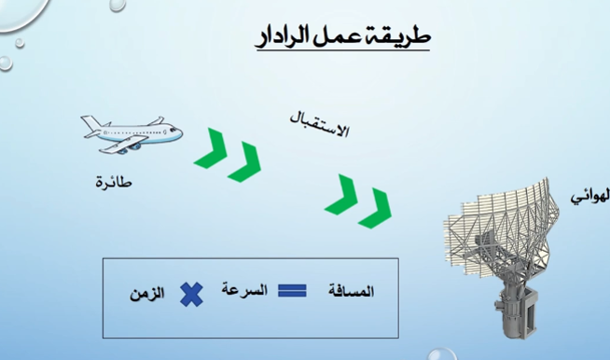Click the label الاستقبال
coord(319,125)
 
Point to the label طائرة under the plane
coord(114,182)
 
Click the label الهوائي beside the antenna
coord(590,197)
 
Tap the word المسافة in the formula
coord(352,291)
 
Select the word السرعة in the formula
coord(244,289)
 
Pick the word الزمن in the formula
coord(146,293)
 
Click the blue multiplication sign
coord(191,295)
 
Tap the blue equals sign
coord(292,291)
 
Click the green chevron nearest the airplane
coord(211,148)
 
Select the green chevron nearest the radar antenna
coord(375,208)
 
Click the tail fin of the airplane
coord(90,122)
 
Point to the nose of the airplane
coord(180,134)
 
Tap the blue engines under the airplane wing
coord(129,148)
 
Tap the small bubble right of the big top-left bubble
coord(118,5)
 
